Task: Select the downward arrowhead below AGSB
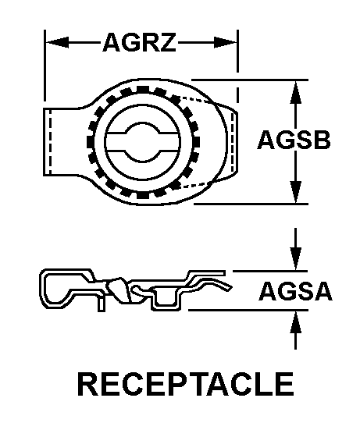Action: point(295,195)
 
